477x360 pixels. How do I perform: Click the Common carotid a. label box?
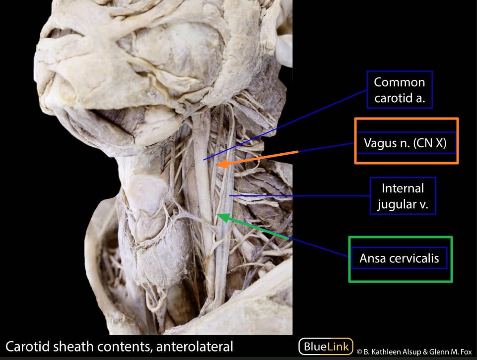tap(400, 90)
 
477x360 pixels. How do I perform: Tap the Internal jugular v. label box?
tap(403, 196)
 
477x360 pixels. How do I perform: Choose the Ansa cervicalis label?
tap(400, 258)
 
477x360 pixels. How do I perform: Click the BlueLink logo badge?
tap(326, 346)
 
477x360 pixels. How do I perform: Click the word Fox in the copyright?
tap(465, 352)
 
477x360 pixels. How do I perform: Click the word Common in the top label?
tap(400, 82)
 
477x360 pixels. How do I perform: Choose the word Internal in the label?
tap(403, 188)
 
